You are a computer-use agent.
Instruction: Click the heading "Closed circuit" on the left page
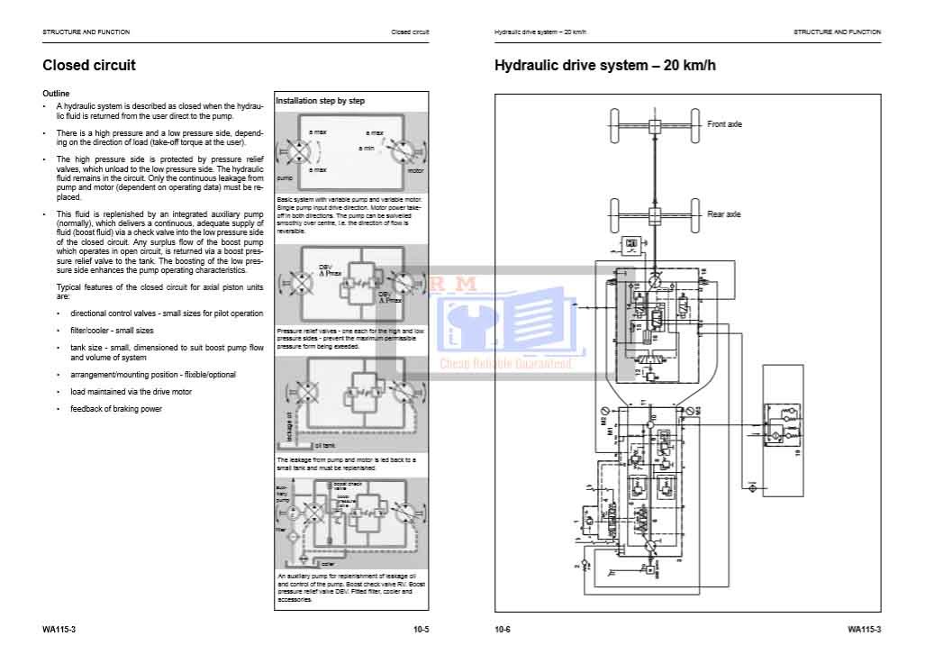pos(89,65)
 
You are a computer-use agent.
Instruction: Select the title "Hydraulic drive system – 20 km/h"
pos(605,65)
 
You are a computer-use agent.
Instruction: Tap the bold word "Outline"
pos(56,94)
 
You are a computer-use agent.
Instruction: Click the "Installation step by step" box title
pos(320,102)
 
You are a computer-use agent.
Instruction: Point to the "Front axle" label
pos(724,124)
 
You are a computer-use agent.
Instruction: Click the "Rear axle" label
pos(723,214)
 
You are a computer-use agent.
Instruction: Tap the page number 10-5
pos(421,628)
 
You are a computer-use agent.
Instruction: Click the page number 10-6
pos(502,628)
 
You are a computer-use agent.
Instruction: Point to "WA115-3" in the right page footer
pos(864,628)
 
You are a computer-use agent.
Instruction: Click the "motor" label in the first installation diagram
pos(415,170)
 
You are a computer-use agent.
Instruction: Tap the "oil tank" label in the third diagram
pos(325,446)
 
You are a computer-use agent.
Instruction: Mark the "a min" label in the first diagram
pos(367,148)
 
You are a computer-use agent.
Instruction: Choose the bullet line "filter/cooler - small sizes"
pos(112,331)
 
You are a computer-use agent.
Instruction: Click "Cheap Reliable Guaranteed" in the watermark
pos(505,364)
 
